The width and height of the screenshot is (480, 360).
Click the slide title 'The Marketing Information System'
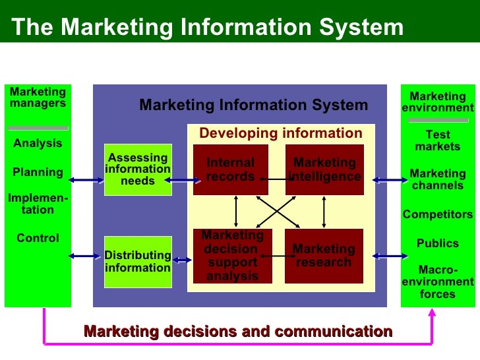(x=208, y=27)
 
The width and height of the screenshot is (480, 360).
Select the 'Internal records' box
(x=230, y=169)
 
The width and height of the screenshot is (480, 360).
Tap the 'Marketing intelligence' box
(x=324, y=169)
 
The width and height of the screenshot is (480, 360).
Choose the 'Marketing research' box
(x=324, y=255)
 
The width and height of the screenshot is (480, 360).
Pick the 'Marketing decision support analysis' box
(x=232, y=255)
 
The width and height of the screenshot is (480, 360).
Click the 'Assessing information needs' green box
(x=138, y=169)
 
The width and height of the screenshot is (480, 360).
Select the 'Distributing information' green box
(x=138, y=261)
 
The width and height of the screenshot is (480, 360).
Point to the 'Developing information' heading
(x=281, y=134)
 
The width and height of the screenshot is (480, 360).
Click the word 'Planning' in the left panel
(x=38, y=173)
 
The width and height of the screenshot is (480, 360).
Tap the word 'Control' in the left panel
(x=38, y=238)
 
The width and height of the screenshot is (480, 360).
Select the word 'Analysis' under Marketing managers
(x=38, y=144)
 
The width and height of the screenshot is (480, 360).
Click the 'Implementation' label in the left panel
(x=38, y=204)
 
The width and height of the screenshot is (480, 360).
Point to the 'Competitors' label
(x=438, y=214)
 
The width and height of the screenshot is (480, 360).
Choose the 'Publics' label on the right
(x=438, y=243)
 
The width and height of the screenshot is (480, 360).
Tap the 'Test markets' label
(x=438, y=140)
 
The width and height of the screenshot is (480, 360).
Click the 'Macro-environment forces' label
(x=438, y=282)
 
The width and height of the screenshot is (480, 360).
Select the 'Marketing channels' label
(x=438, y=179)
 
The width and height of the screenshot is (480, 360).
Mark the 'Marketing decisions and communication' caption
(x=238, y=332)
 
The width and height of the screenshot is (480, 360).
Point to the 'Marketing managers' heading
(x=38, y=98)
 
